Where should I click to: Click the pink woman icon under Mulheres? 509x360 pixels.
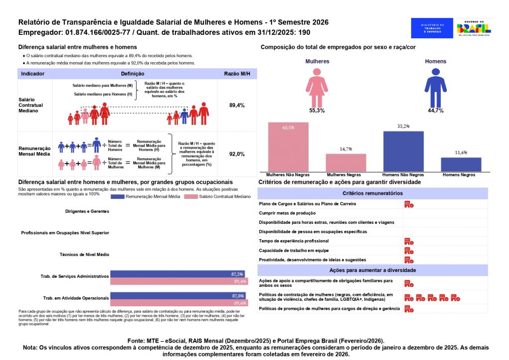click(x=317, y=86)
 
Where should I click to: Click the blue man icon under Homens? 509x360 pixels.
click(x=435, y=86)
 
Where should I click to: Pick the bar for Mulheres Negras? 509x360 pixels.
click(x=346, y=163)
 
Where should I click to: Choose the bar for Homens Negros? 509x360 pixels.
click(x=461, y=165)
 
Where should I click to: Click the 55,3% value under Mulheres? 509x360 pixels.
click(x=317, y=110)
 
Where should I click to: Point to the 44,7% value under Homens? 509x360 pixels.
click(x=435, y=110)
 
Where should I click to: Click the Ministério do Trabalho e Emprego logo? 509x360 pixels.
click(x=432, y=28)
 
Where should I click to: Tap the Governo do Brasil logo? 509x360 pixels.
click(x=474, y=28)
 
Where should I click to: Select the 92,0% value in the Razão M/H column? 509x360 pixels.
click(x=237, y=154)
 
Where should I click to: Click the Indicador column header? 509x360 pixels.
click(x=33, y=74)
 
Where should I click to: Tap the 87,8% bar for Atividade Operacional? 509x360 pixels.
click(x=178, y=295)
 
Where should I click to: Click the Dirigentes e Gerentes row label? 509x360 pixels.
click(x=87, y=211)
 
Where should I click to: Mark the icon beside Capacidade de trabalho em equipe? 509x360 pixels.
click(x=409, y=250)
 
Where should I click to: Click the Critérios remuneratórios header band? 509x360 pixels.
click(x=372, y=193)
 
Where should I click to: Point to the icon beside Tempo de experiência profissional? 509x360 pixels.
click(x=409, y=241)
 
